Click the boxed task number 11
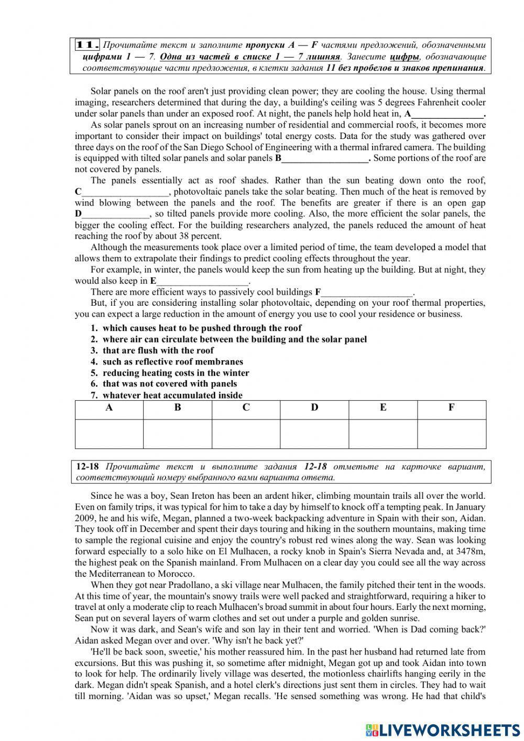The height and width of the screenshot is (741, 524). (88, 45)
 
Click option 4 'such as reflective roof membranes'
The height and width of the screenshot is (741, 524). (172, 362)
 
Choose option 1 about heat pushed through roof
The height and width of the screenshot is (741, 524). (202, 328)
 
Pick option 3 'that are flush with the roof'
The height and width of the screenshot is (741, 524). (158, 351)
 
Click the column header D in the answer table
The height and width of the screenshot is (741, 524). (314, 408)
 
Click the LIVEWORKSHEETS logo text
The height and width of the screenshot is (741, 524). (449, 729)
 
